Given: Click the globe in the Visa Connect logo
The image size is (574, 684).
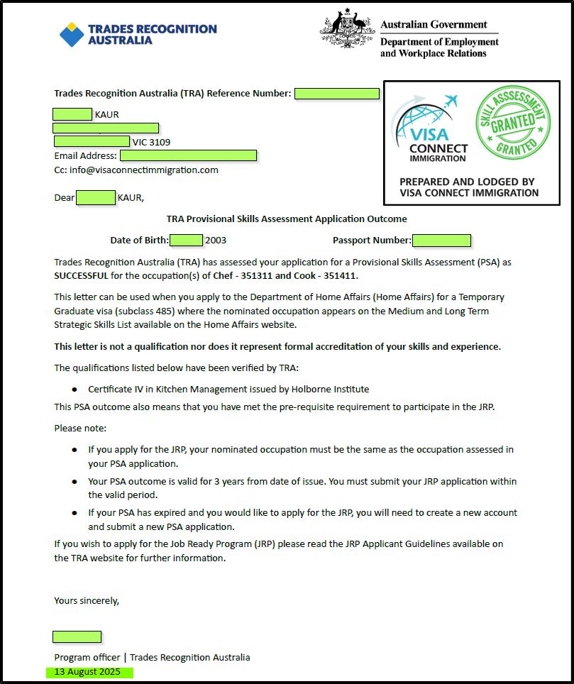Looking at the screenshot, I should coord(425,124).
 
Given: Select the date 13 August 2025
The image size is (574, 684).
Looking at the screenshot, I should coord(88,672).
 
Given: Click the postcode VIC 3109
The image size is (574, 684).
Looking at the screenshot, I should coord(151,142).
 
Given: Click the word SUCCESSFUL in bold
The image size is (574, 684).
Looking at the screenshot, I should coord(82,276).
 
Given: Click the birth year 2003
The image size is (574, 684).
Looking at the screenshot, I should coord(216,241).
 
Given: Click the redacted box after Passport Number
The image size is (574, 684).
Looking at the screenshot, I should coord(441,241).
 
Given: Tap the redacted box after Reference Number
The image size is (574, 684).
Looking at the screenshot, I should coord(337,94).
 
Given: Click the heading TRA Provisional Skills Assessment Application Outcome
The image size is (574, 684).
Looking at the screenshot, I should coord(287,219).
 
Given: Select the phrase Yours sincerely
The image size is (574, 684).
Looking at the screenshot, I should coord(87,600).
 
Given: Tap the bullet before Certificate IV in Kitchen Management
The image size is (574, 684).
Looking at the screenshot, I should coord(74,390).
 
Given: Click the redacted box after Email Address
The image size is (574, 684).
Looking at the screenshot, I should coord(188,155).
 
